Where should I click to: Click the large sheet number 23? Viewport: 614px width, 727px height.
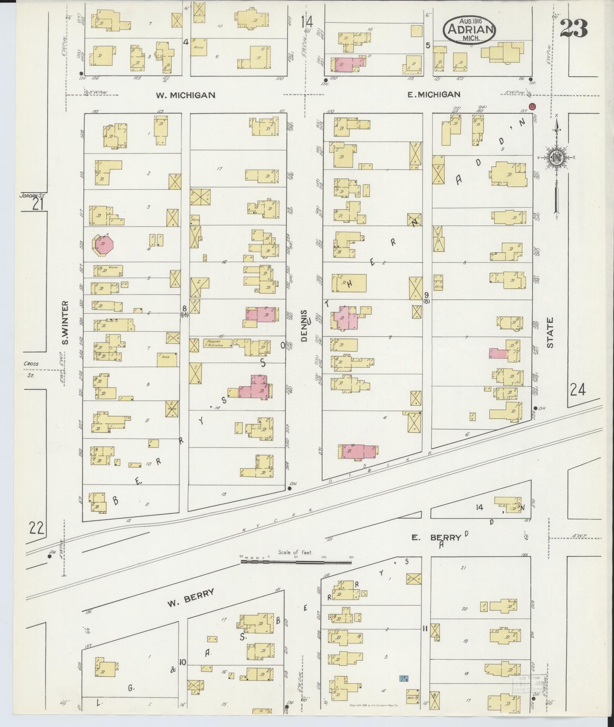tap(574, 28)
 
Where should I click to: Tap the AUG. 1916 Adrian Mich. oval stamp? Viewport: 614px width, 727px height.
tap(469, 29)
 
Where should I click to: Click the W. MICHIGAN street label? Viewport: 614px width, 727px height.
tap(186, 95)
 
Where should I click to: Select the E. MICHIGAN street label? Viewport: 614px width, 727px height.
tap(434, 95)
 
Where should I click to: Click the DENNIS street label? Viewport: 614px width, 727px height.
tap(305, 326)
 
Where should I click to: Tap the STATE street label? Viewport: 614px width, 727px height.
tap(551, 332)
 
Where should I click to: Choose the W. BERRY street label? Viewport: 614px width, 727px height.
tap(191, 598)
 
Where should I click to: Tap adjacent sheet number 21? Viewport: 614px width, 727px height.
tap(38, 204)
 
